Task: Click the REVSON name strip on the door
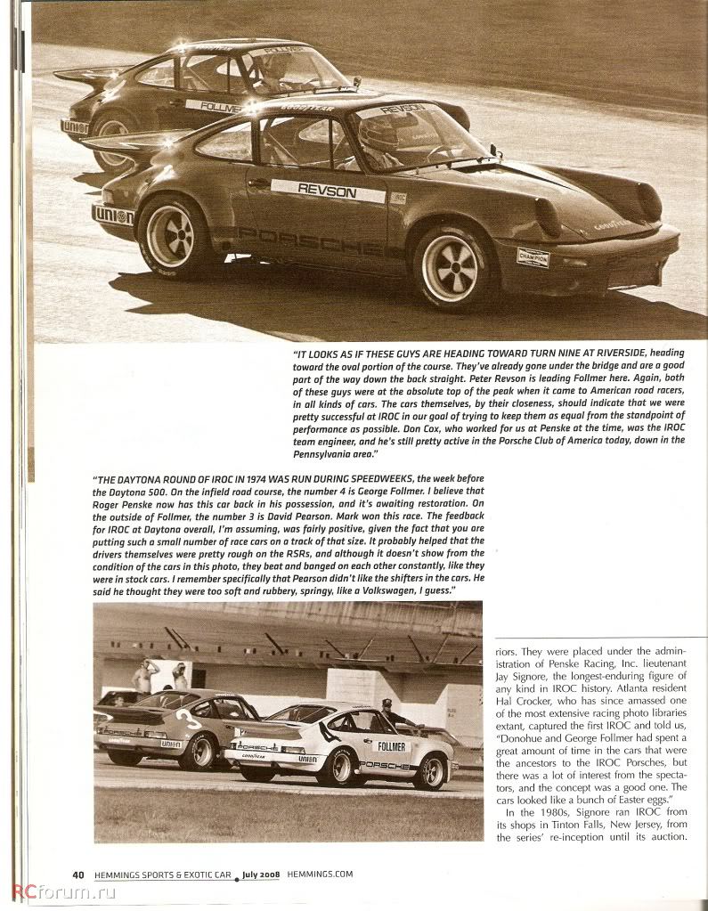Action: [328, 191]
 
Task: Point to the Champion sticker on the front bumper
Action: [533, 256]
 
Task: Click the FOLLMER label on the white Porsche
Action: [393, 746]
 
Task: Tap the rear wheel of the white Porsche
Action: [339, 768]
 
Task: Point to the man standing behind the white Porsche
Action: [387, 712]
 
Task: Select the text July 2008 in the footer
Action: [261, 874]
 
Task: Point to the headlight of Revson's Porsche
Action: [549, 216]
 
